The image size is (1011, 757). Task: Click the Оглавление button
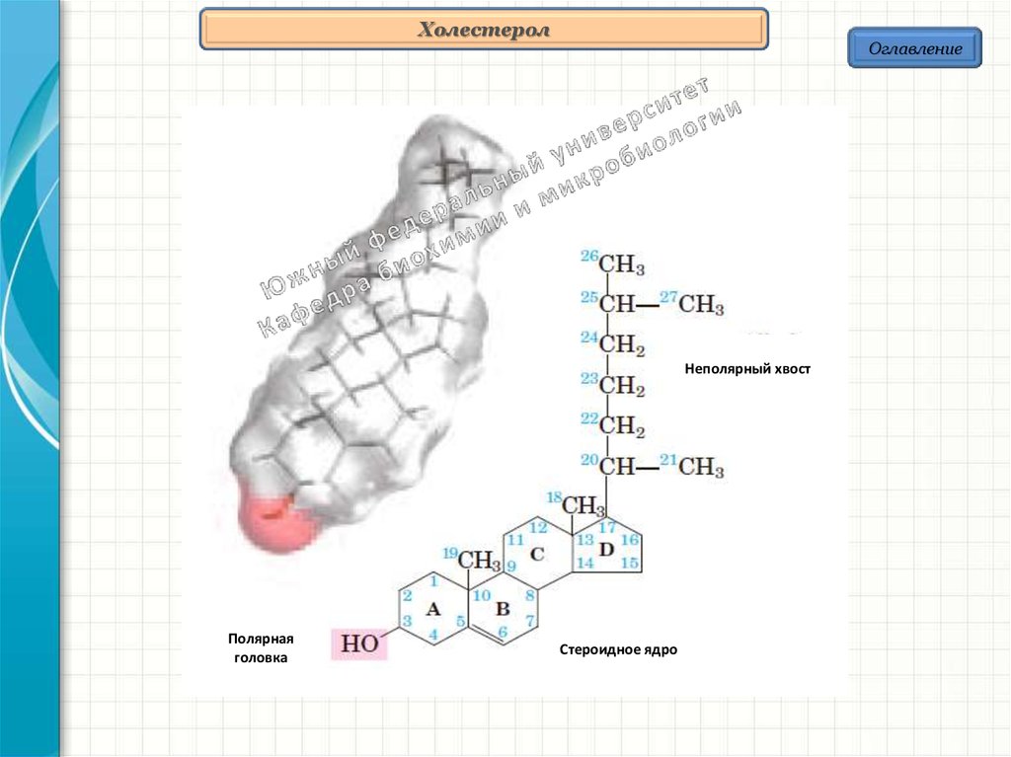coord(914,48)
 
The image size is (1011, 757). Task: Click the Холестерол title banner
coord(484,31)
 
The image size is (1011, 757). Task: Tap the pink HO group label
coord(359,643)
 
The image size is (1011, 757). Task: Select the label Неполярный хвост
coord(747,368)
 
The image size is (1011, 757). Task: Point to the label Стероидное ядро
coord(619,650)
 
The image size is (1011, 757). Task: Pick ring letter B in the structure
coord(502,608)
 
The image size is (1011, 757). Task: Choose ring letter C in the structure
coord(537,554)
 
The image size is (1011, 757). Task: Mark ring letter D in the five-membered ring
coord(606,549)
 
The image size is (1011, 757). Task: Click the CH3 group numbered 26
coord(622,265)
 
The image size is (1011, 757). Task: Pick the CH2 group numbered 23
coord(622,386)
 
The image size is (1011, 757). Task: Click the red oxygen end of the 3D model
coord(269,522)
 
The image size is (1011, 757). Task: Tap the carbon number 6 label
coord(502,633)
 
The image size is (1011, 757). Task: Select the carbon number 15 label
coord(631,563)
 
